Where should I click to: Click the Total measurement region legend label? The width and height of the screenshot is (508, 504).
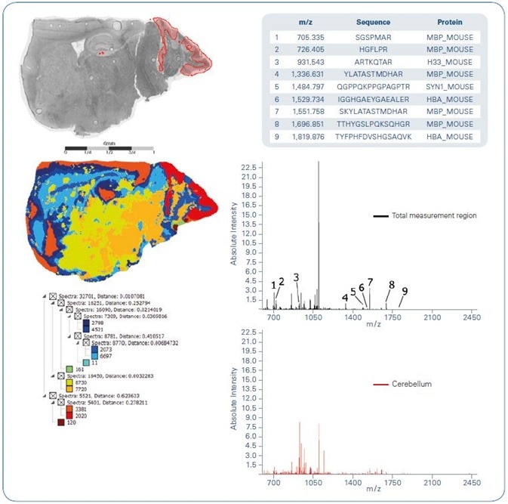tap(434, 216)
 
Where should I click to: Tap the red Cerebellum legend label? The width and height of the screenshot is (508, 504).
tap(412, 385)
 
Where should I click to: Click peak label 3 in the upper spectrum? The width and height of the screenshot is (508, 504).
tap(297, 277)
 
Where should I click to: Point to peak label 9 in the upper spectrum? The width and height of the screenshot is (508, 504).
tap(405, 292)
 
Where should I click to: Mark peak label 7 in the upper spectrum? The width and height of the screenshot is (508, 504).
tap(370, 282)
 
